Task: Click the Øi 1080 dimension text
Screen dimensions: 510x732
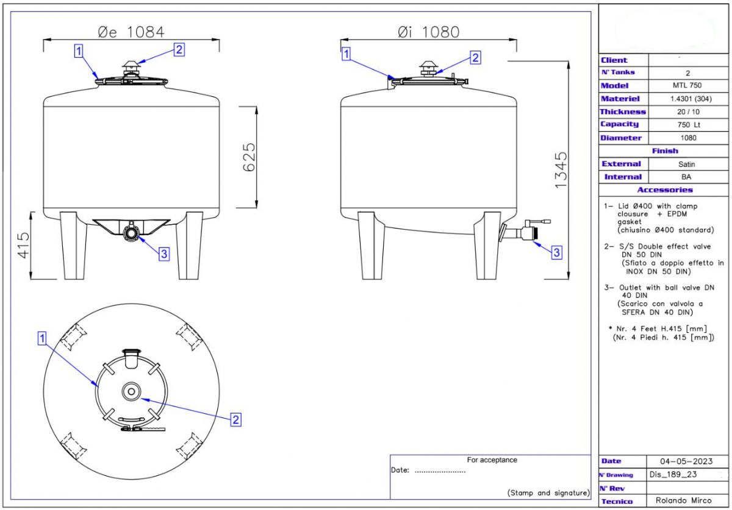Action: click(428, 32)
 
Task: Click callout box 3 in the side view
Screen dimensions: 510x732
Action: click(556, 252)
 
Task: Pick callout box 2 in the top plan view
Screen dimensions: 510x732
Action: click(235, 419)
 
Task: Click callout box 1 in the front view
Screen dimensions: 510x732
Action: click(78, 51)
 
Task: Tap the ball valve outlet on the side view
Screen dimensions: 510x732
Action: click(523, 232)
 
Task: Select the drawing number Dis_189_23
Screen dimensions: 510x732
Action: click(673, 475)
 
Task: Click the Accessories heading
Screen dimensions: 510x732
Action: click(665, 190)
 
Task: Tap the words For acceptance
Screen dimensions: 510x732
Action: click(492, 460)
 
